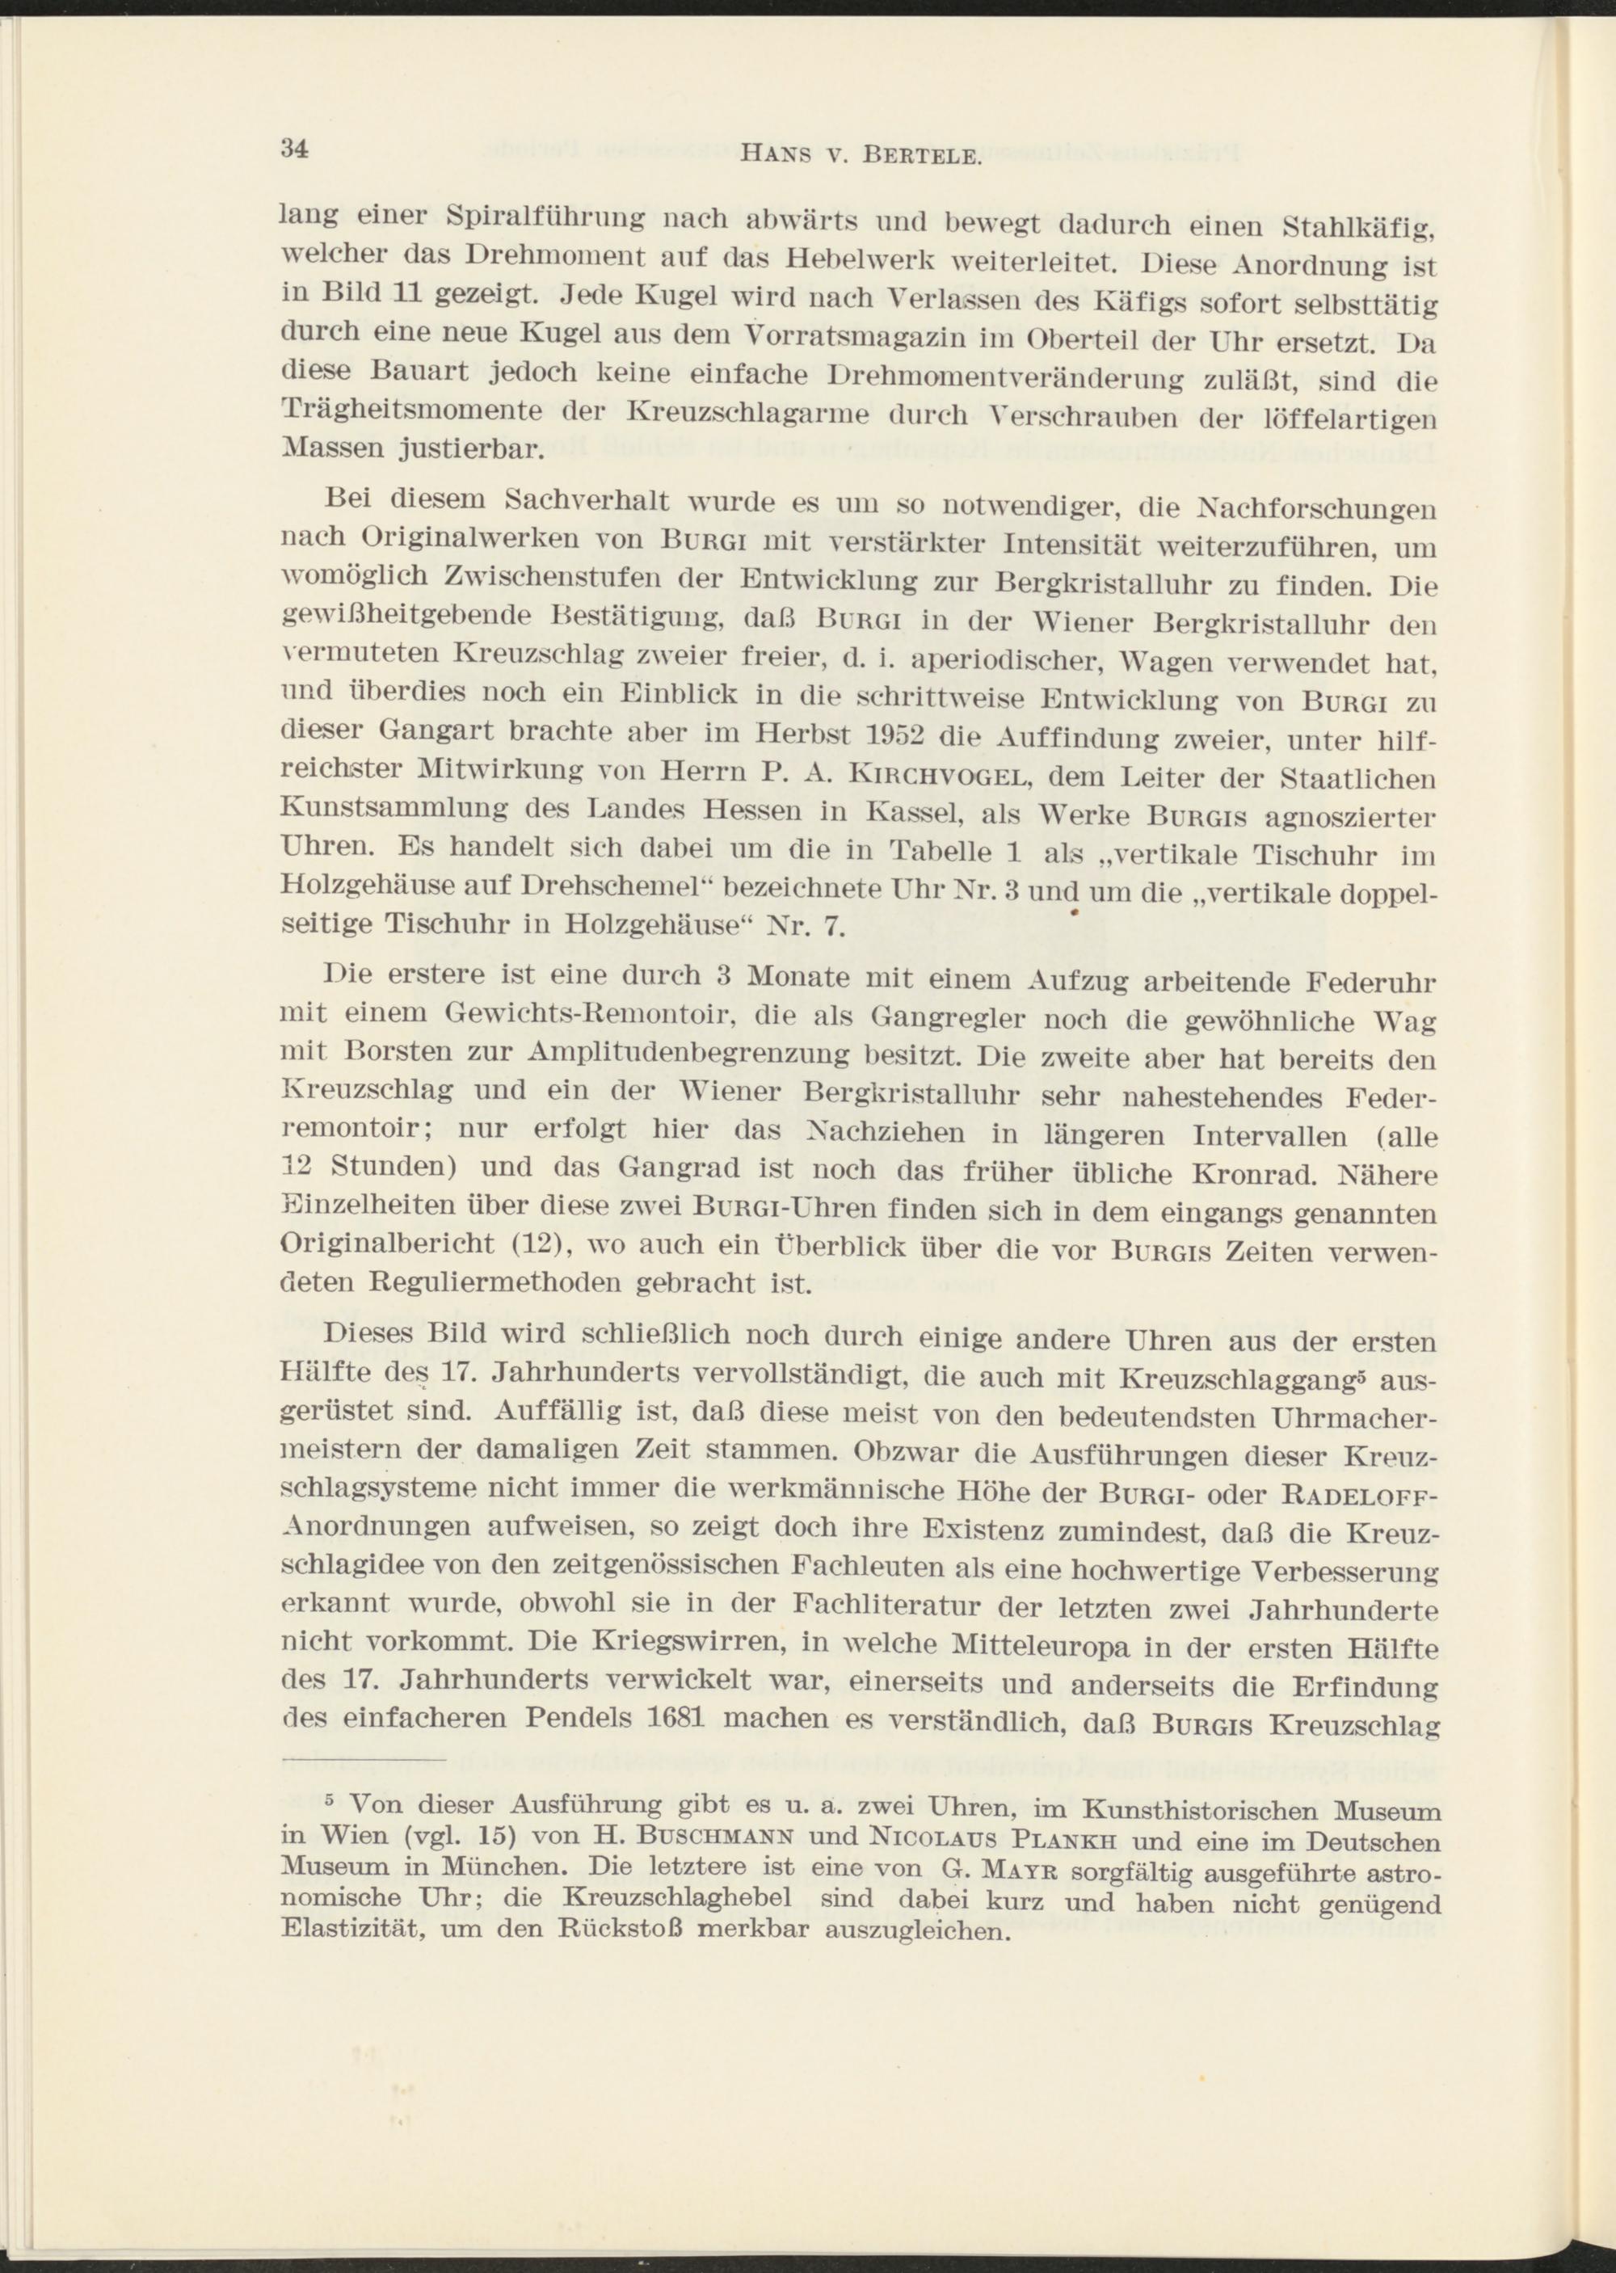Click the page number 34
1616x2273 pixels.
[296, 149]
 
